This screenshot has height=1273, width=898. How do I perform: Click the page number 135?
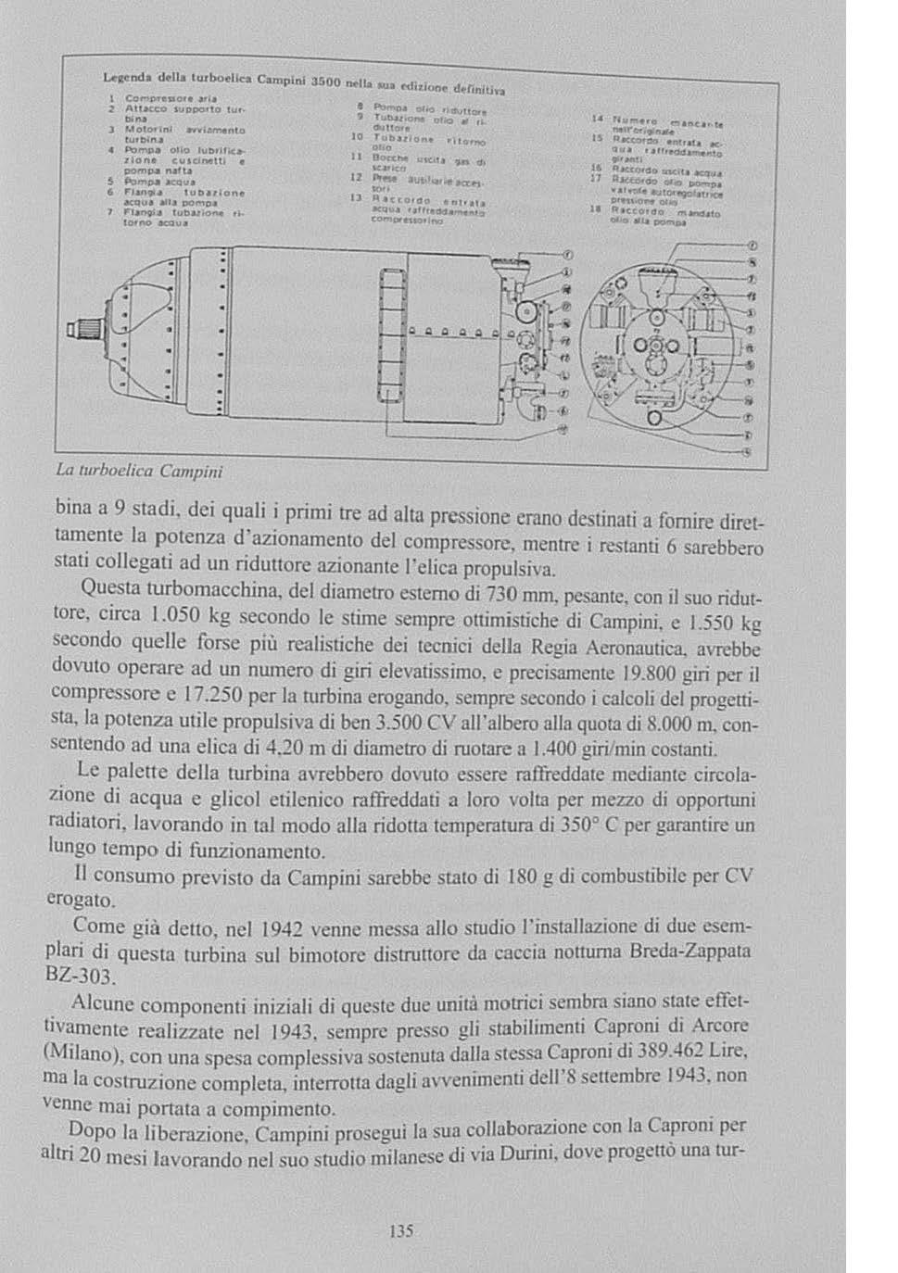[400, 1230]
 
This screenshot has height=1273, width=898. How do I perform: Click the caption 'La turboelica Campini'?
[140, 471]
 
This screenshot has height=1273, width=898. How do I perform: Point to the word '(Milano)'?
[81, 1054]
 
